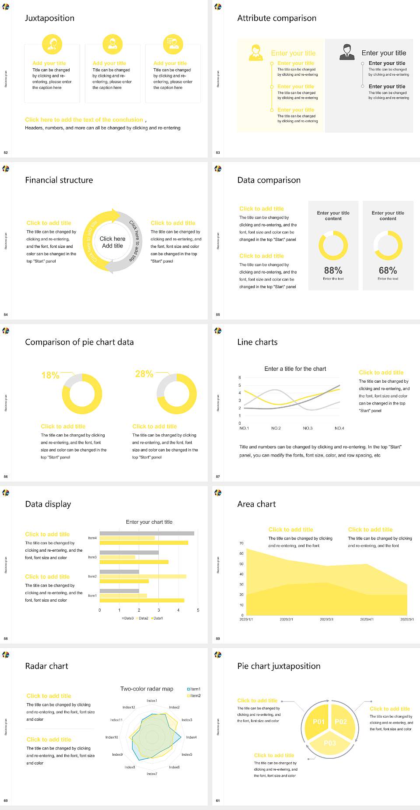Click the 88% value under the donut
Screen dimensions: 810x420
(x=333, y=270)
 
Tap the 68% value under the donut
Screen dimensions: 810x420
(x=388, y=270)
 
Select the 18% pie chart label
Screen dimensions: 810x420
(x=50, y=375)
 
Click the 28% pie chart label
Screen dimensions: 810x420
(x=144, y=374)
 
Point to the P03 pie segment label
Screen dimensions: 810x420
(x=329, y=743)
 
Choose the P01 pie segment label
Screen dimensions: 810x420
(x=318, y=722)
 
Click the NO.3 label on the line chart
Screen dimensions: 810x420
(x=308, y=428)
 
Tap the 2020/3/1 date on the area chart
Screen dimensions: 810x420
(x=326, y=620)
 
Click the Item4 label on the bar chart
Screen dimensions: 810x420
(x=92, y=538)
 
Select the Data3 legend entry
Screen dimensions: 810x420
(x=128, y=618)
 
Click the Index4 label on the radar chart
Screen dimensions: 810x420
(x=191, y=737)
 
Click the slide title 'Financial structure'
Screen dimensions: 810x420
(x=59, y=180)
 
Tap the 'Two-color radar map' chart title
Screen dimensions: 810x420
(x=147, y=689)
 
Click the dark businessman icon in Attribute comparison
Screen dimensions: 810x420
(x=347, y=52)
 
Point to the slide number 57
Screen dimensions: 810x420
(x=218, y=476)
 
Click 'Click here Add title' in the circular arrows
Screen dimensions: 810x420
(x=112, y=242)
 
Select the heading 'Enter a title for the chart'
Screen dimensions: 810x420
(x=295, y=369)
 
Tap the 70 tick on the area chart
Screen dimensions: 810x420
(x=241, y=543)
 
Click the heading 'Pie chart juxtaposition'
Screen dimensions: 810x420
(x=279, y=666)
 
